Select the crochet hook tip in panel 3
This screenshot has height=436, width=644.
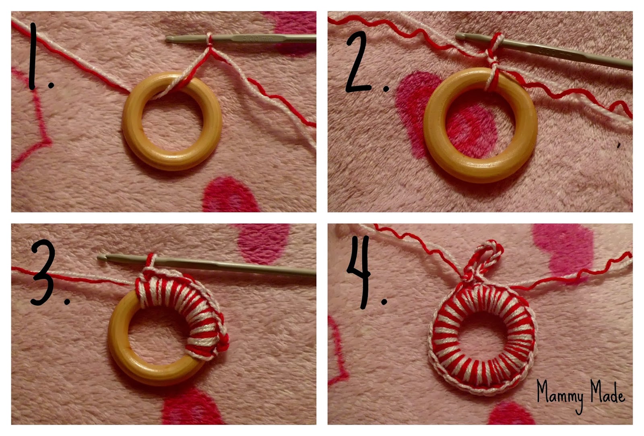tap(101, 257)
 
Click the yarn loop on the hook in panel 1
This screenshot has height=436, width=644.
tap(209, 40)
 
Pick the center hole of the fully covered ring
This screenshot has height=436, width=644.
tap(483, 334)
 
